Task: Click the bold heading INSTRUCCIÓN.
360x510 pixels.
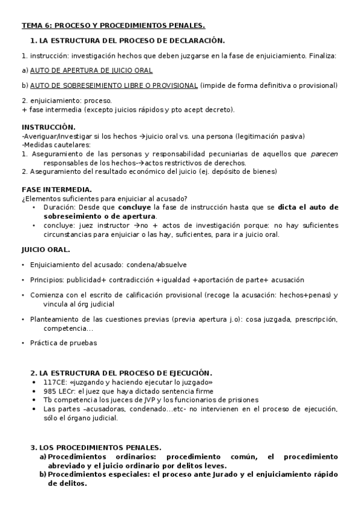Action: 49,127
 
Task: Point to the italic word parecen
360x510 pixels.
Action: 324,154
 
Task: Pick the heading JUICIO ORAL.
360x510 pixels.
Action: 46,249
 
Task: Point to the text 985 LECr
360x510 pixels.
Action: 58,391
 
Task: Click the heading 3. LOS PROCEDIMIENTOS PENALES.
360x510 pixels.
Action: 96,447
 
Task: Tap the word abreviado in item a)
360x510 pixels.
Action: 67,465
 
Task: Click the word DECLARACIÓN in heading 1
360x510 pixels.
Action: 194,41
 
